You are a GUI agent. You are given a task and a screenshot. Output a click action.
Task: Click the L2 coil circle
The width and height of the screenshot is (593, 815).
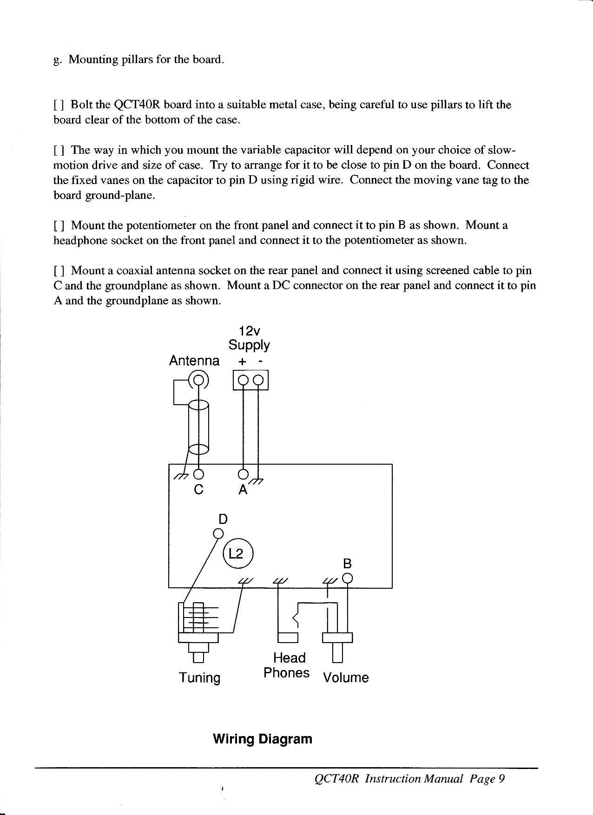coord(237,554)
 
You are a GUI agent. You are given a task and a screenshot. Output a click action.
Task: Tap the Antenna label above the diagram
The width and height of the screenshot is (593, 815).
coord(194,361)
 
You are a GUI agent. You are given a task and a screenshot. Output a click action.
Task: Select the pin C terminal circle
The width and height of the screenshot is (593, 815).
coord(198,474)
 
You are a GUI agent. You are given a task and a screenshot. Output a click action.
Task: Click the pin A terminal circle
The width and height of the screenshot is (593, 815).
coord(243,474)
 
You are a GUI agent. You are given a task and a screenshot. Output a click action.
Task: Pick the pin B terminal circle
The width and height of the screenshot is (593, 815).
coord(347,578)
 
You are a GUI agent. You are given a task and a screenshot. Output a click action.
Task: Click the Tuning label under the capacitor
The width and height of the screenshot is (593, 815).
coord(200,677)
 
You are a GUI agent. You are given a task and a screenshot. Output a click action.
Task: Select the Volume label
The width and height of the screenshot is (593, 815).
coord(346,677)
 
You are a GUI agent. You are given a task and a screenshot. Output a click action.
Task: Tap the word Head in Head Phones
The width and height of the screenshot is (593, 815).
coord(289,657)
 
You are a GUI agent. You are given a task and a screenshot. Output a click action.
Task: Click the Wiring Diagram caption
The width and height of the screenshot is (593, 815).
coord(262,739)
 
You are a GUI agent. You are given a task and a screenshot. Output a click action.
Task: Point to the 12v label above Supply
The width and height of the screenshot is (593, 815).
coord(249,331)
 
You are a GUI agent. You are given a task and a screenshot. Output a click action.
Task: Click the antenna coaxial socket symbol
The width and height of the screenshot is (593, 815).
coord(198,380)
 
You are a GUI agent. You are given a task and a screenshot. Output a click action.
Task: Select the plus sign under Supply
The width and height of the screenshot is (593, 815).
coord(242,361)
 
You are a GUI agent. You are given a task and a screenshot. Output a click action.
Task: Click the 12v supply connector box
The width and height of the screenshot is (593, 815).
coord(250,381)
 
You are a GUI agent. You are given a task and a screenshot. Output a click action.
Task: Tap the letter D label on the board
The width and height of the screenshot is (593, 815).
coord(223,519)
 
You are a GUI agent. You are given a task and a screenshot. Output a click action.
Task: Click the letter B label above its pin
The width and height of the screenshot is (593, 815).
coord(347,564)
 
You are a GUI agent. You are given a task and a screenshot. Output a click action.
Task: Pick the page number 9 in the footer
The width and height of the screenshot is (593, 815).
coord(501,779)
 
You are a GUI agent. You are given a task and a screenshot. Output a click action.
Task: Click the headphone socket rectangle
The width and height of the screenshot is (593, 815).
coord(288,637)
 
